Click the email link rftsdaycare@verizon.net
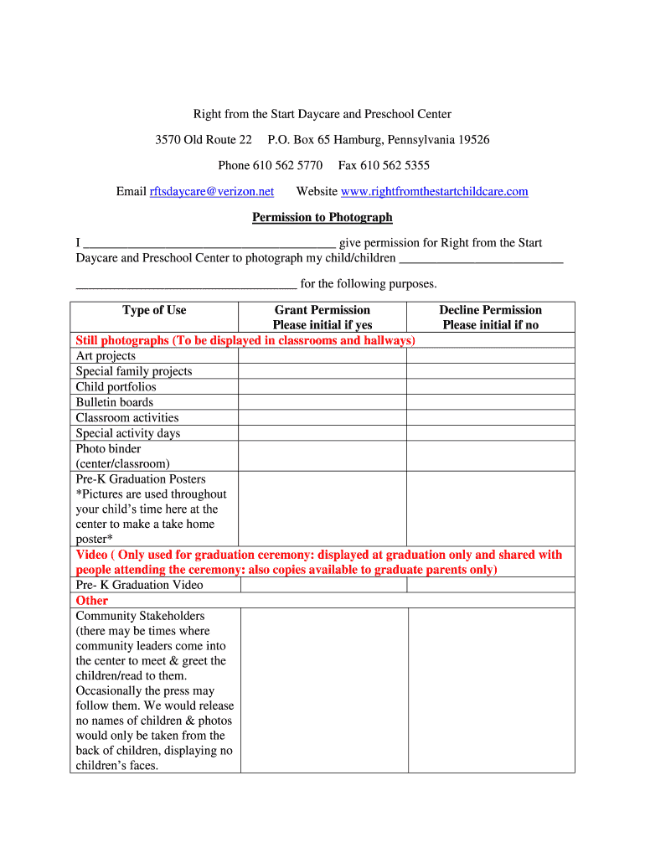pos(212,192)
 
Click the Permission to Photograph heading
pos(322,218)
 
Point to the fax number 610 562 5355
pos(395,166)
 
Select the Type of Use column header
pos(154,311)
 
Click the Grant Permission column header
pos(322,318)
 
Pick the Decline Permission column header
pos(490,318)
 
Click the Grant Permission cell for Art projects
pos(322,356)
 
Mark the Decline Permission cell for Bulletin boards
pos(490,402)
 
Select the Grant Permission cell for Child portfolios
pos(322,387)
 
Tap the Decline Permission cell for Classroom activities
pos(490,417)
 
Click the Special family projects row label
pos(134,372)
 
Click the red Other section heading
pos(92,601)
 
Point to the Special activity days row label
pos(128,433)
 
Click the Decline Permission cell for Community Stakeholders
pos(490,690)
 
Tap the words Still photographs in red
pos(122,341)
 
